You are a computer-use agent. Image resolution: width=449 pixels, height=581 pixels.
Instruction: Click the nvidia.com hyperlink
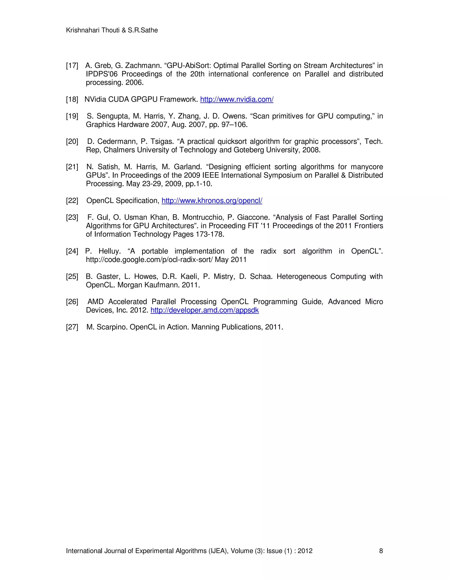coord(237,100)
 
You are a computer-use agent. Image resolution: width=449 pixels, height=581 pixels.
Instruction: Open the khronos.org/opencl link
coord(212,201)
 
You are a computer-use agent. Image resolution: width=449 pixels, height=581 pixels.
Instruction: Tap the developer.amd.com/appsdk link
coord(205,310)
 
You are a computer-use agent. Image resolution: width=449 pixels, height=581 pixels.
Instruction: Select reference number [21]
coord(72,167)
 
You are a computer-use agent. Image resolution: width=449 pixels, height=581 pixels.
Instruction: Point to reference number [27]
coord(72,327)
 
